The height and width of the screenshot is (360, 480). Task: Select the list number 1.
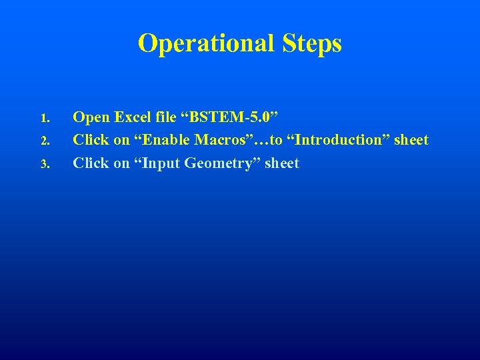click(x=45, y=119)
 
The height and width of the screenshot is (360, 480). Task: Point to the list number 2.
click(x=45, y=142)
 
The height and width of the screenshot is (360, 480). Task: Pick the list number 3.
click(x=45, y=165)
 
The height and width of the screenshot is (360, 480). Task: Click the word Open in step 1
click(x=91, y=118)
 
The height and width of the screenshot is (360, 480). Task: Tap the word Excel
click(x=133, y=118)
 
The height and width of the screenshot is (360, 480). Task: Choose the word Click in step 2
click(x=91, y=141)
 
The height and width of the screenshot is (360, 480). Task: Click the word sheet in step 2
click(x=411, y=141)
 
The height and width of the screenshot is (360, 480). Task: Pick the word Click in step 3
click(x=91, y=163)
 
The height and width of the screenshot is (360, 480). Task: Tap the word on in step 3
click(x=121, y=163)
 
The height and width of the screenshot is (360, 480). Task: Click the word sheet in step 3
click(x=282, y=163)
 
